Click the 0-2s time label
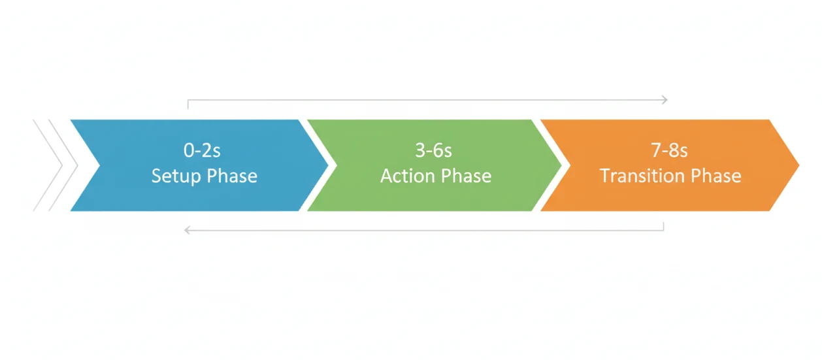coord(202,151)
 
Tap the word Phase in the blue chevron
coord(232,176)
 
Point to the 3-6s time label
coord(434,151)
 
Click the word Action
coord(405,176)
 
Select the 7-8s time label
coord(670,151)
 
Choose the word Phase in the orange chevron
coord(716,176)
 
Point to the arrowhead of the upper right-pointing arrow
coord(665,100)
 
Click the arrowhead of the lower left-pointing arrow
coord(187,230)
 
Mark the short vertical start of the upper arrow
coord(188,104)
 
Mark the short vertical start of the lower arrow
coord(663,226)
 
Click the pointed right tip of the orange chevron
coord(797,165)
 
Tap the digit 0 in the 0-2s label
coord(189,151)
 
